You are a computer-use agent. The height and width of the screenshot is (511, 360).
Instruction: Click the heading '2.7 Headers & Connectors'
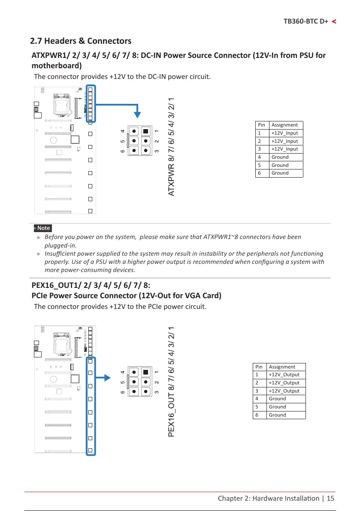pos(81,41)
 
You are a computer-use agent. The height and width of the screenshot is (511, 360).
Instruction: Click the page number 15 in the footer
pos(330,498)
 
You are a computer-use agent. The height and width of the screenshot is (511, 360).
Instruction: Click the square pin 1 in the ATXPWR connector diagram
pos(146,131)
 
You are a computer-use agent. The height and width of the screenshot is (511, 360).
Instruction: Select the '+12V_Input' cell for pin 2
pos(284,141)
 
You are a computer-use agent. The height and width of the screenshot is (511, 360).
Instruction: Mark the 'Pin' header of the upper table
pos(261,125)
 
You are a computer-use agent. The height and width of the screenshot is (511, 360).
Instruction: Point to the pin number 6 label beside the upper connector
pos(123,151)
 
